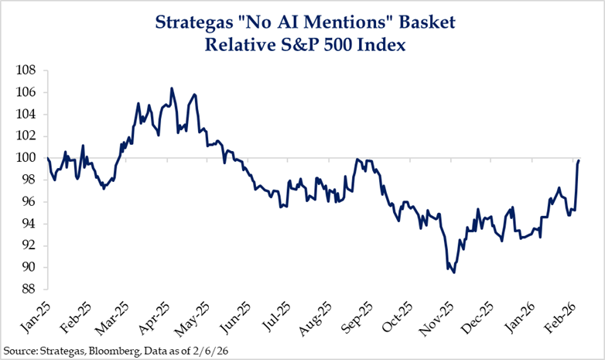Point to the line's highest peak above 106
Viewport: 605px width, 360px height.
(x=172, y=88)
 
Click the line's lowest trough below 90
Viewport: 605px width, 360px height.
(x=454, y=273)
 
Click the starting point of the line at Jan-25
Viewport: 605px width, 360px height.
(x=48, y=158)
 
